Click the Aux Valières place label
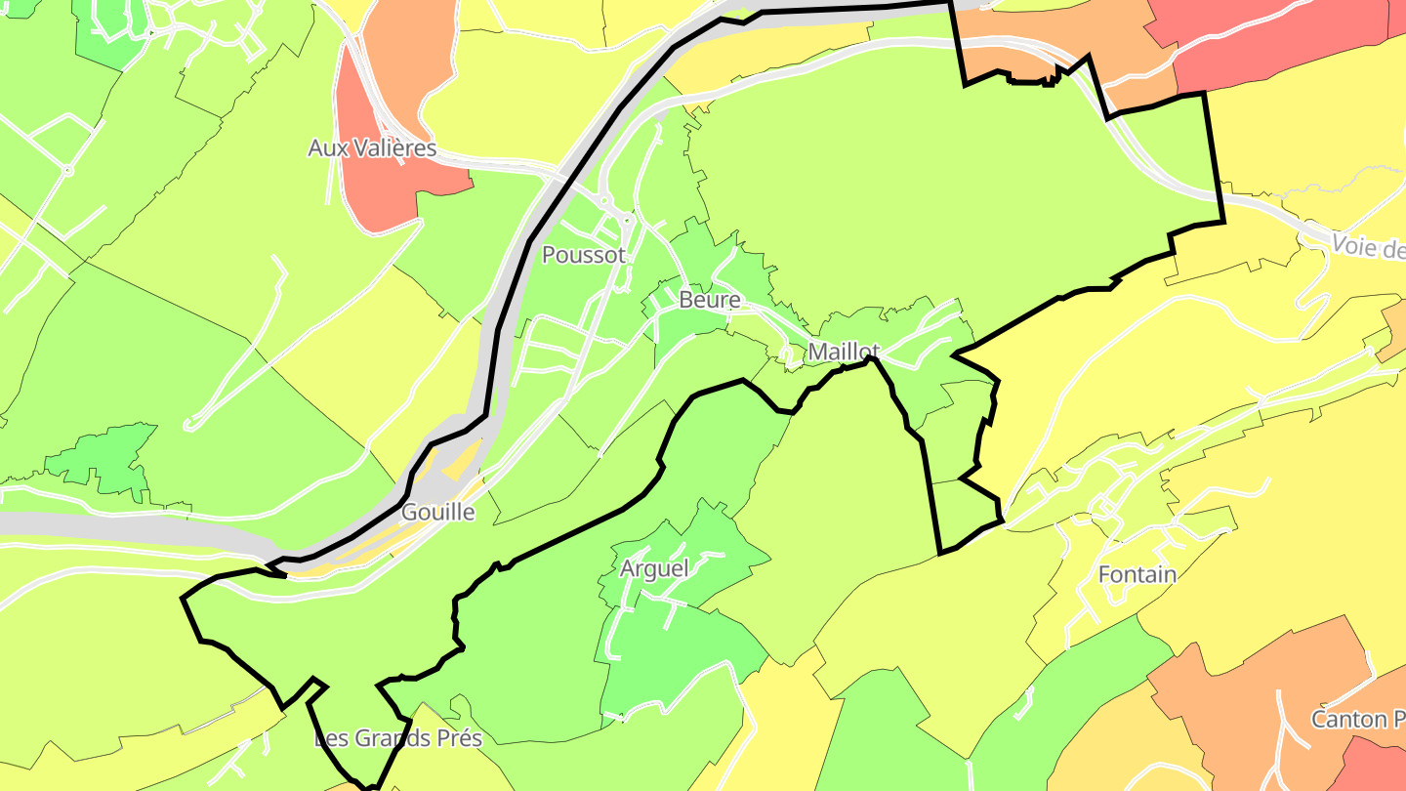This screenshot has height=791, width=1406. click(x=372, y=148)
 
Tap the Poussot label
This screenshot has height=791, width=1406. click(x=584, y=255)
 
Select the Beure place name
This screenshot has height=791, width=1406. click(x=710, y=300)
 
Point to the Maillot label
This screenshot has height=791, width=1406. click(x=845, y=352)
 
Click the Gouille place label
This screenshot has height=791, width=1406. click(x=438, y=512)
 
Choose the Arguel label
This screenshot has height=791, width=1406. click(x=654, y=568)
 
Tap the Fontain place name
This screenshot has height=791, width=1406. click(x=1137, y=574)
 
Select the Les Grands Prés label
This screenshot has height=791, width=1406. click(x=398, y=738)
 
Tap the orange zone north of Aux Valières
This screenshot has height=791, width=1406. click(x=405, y=49)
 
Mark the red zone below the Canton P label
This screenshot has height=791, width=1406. click(x=1377, y=767)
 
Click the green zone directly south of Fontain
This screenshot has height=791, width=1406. click(x=1094, y=684)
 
